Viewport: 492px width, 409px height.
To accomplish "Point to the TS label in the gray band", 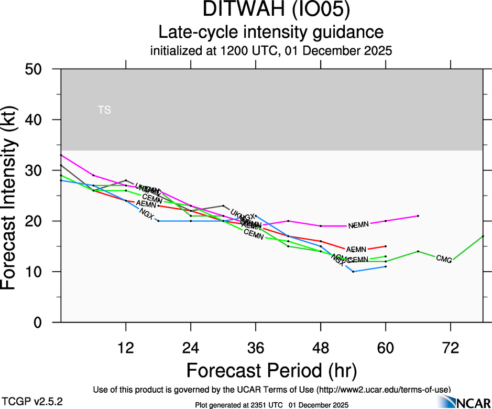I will point(104,110).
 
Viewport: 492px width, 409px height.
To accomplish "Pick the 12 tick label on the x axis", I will point(126,348).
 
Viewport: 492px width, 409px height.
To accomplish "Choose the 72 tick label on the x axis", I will point(451,348).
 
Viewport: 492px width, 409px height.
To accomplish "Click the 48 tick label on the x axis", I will point(321,348).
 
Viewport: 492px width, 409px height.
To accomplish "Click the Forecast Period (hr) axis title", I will point(271,371).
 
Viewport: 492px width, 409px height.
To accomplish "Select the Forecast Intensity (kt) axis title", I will point(14,195).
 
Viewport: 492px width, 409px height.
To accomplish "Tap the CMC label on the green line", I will point(444,258).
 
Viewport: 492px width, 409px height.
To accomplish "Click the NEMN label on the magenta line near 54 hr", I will point(359,225).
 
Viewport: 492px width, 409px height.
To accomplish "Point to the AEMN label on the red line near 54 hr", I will point(356,249).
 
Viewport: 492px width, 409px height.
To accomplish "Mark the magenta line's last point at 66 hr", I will point(418,216).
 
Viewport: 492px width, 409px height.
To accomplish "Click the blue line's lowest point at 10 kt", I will point(353,272).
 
